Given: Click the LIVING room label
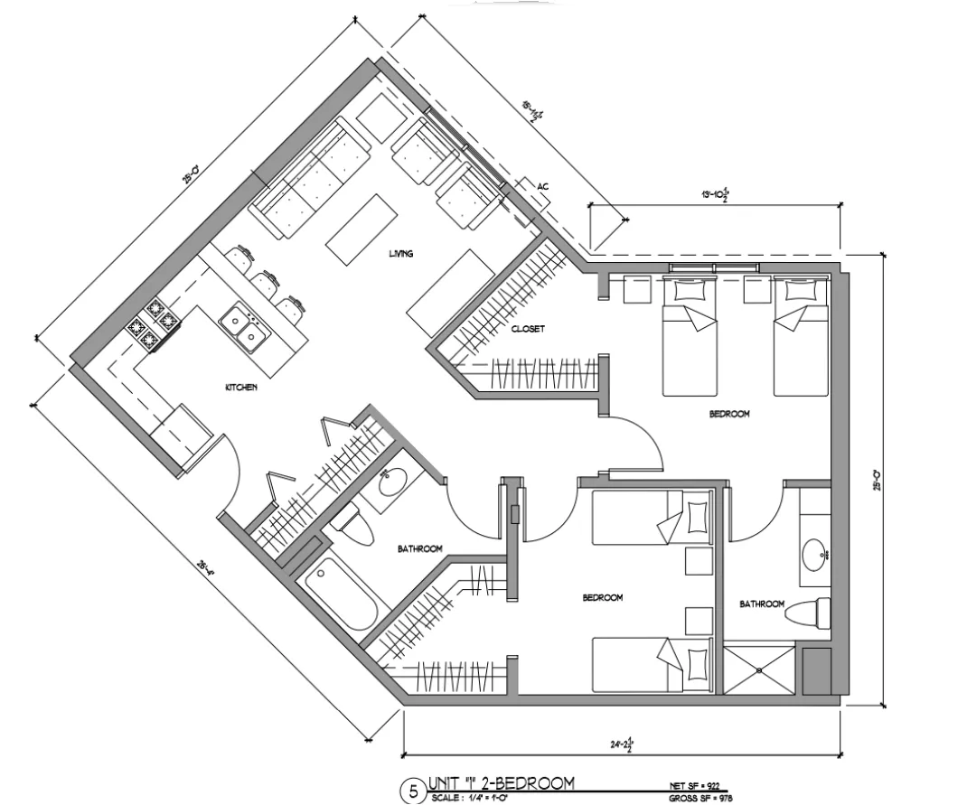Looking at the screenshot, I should coord(400,254).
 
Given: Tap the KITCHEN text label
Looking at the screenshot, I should coord(241,388).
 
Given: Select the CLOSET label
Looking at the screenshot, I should coord(528,330).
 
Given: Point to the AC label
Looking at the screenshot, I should coord(542,186).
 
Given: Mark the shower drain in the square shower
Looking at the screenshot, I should coord(759,669).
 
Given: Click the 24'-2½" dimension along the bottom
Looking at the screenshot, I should coord(624,744).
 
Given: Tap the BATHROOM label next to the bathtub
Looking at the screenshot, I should coord(419,548).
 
